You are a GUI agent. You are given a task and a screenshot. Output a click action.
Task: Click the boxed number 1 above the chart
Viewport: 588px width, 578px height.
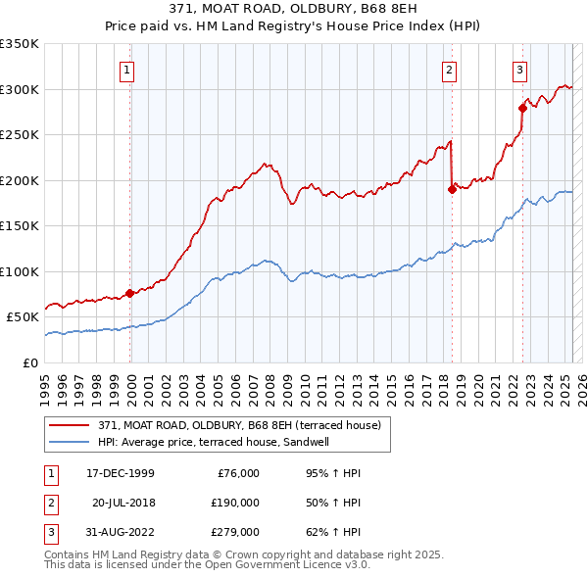point(129,70)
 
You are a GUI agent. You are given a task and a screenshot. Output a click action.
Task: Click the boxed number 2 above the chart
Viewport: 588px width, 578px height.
point(449,70)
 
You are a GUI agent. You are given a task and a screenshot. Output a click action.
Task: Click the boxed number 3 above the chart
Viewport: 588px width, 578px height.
point(519,70)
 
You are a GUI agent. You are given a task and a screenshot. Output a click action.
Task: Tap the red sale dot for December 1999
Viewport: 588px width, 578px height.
point(130,293)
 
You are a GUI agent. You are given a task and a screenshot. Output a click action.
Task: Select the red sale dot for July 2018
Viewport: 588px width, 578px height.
point(452,189)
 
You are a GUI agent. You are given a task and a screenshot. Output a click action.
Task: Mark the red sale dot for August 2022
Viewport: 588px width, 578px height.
point(522,109)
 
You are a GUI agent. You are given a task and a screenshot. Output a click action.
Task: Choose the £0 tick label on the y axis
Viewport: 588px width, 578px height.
point(29,362)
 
